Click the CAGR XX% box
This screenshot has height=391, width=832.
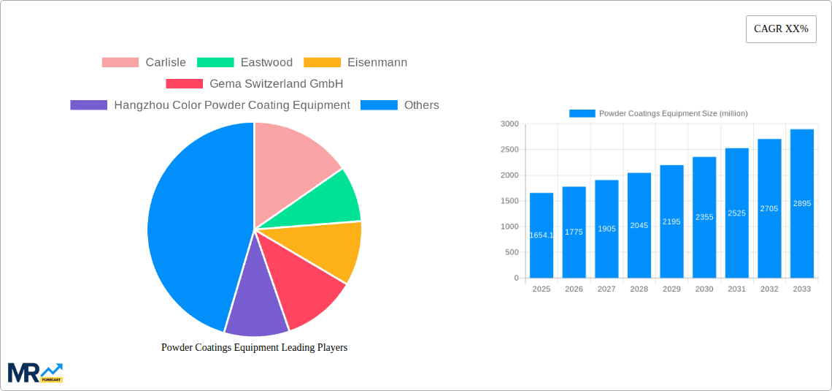781,29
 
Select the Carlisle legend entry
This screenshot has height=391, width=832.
145,63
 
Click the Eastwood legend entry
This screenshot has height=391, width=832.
245,63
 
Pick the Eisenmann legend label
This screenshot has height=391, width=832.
356,63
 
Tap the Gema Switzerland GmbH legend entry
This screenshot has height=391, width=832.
255,84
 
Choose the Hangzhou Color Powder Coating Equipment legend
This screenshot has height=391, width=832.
211,105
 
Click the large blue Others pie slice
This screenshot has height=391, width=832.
190,227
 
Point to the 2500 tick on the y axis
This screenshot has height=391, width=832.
509,150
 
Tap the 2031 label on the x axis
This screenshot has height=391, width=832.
736,289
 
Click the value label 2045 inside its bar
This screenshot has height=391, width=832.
639,226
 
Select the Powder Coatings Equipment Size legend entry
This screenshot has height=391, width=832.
658,113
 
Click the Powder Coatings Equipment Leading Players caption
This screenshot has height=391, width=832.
254,348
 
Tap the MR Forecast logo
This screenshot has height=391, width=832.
35,373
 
